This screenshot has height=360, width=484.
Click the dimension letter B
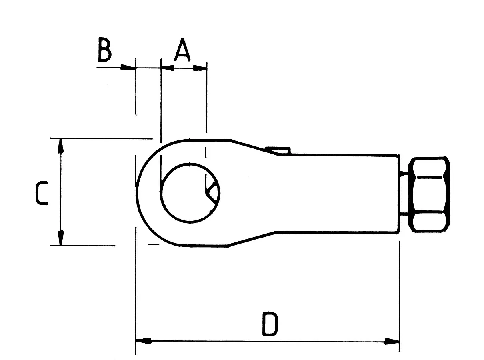point(104,50)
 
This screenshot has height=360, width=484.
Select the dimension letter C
point(42,193)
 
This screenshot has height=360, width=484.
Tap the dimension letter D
point(270,324)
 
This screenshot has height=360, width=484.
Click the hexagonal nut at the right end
point(429,194)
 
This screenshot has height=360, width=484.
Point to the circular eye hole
point(190,193)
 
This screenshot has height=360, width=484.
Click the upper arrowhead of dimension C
point(61,146)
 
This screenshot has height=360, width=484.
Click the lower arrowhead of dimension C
point(61,238)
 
